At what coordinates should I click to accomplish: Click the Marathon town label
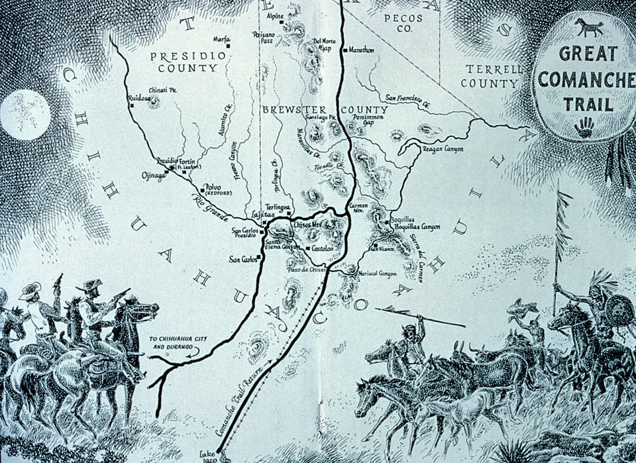(362, 50)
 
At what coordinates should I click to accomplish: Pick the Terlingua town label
(278, 207)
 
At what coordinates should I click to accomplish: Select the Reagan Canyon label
(443, 150)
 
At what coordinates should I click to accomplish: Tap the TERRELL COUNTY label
(494, 76)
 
